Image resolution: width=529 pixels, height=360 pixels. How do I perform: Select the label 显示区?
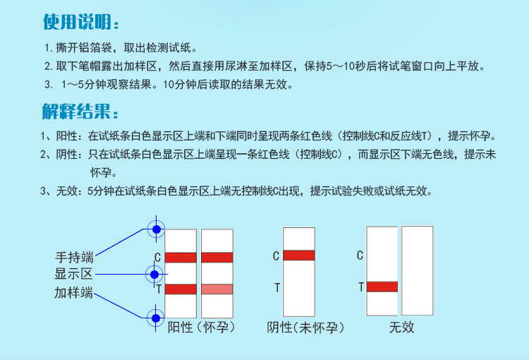tap(74, 275)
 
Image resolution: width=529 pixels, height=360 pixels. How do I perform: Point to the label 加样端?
tap(74, 292)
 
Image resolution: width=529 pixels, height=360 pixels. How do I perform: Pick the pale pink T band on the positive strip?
tap(217, 289)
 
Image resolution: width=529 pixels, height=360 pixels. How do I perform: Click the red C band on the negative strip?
tap(298, 256)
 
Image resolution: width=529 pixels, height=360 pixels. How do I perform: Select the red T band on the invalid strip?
tap(382, 287)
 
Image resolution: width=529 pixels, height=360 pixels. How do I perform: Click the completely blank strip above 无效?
tap(417, 270)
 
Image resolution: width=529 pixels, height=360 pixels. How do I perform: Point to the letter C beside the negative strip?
tap(276, 256)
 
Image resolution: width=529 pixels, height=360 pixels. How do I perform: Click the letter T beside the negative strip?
tap(276, 287)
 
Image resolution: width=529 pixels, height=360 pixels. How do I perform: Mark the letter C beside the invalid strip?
tap(360, 256)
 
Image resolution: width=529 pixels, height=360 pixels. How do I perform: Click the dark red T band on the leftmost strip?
tap(180, 289)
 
